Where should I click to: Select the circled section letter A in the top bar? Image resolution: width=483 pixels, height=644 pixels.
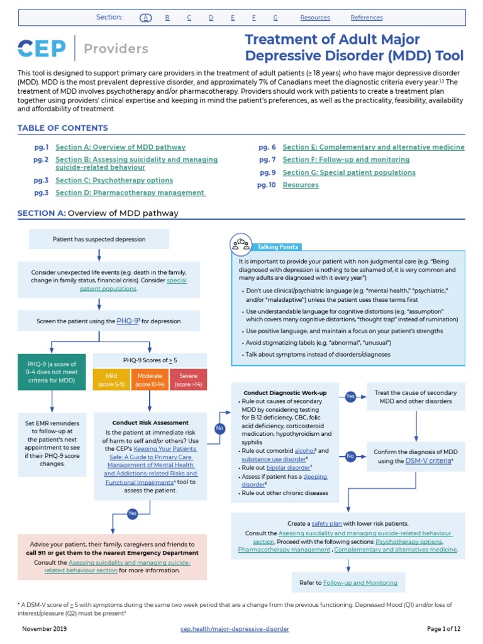coord(146,18)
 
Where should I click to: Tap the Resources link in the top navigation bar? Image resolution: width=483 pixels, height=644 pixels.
coord(315,18)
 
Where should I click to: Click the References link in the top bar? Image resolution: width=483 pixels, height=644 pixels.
coord(367,18)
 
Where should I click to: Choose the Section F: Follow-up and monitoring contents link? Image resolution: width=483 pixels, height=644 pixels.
coord(346,160)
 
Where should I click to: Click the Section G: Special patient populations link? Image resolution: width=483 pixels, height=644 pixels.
coord(349,172)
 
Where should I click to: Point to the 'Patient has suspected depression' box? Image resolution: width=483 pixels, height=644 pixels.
coord(99,239)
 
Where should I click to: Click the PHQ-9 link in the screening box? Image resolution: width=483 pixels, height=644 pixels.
coord(128,321)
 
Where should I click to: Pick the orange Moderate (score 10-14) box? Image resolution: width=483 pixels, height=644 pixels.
coord(149,380)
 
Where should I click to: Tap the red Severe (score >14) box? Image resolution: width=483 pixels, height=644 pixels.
coord(188,380)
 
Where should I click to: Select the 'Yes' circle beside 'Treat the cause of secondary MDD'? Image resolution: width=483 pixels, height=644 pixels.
coord(350,396)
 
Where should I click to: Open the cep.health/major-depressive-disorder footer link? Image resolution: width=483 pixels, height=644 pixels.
coord(235,629)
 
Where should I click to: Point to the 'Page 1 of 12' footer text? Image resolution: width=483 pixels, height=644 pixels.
coord(444,629)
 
